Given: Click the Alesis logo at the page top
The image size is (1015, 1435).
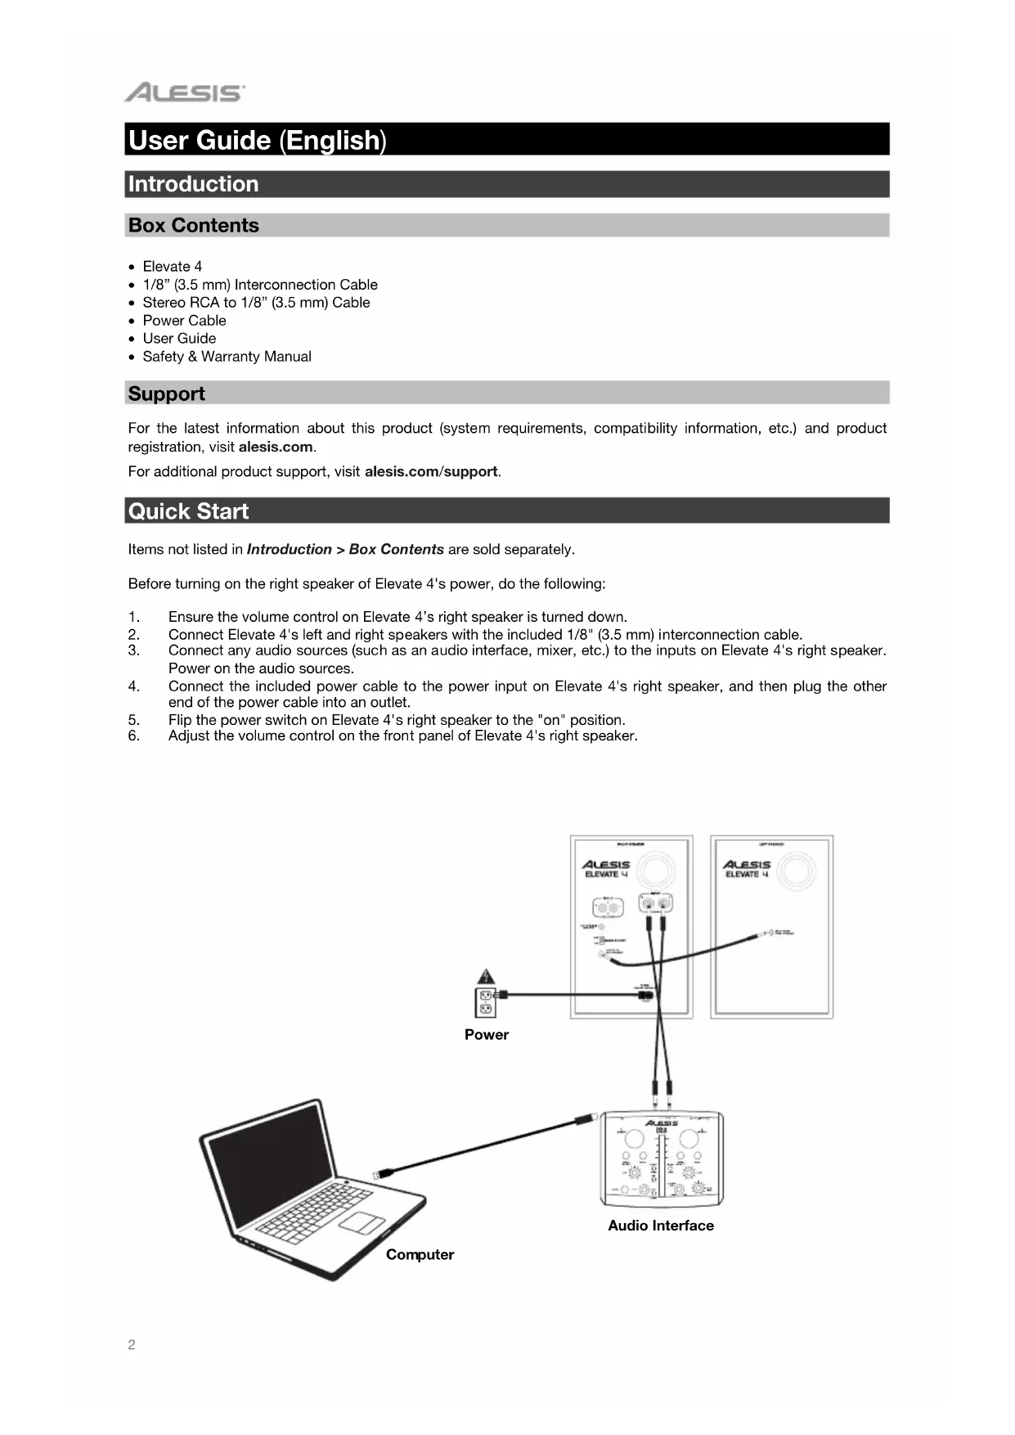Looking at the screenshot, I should click(184, 92).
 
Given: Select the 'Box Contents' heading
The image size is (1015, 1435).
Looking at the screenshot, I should click(194, 225).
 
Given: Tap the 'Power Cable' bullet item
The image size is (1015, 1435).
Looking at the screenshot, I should click(184, 321).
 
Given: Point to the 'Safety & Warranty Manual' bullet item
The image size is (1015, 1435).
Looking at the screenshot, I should click(227, 357).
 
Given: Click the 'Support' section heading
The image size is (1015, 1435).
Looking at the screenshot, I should click(167, 394).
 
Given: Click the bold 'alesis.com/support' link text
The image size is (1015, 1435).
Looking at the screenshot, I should click(431, 472).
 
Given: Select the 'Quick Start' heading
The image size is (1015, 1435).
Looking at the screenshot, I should click(188, 511).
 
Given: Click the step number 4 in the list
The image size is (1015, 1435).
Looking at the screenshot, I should click(134, 686).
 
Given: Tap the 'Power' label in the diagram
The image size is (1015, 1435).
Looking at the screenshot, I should click(487, 1035).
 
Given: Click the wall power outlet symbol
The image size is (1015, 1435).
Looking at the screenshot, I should click(485, 1002).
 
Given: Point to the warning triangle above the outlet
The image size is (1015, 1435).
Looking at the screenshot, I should click(487, 977).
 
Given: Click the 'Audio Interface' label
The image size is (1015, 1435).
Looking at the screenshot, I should click(661, 1226).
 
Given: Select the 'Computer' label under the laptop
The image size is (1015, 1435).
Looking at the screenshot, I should click(420, 1255).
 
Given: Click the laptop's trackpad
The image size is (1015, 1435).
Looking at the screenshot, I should click(362, 1222).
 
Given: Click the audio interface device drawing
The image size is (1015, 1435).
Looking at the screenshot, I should click(662, 1160).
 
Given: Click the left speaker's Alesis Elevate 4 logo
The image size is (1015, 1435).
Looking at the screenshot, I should click(747, 869).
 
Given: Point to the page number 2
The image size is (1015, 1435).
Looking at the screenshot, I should click(132, 1345).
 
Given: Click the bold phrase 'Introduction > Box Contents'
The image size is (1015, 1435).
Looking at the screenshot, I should click(345, 550).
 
